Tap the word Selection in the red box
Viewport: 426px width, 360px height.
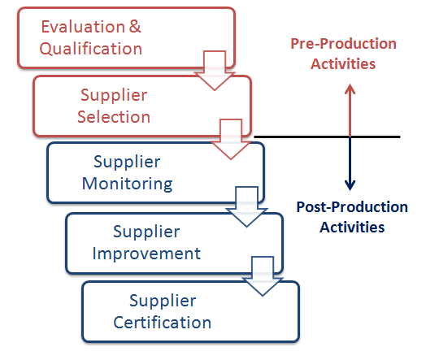[x=114, y=117]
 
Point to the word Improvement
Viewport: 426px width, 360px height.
[x=146, y=253]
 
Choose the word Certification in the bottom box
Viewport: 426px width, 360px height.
[x=163, y=323]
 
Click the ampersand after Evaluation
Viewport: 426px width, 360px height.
[x=135, y=27]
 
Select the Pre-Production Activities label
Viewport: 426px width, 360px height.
[x=343, y=54]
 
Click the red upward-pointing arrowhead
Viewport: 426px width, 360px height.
[x=350, y=90]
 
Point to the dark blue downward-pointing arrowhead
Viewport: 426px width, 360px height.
[x=350, y=184]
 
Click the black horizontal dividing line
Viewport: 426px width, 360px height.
[x=325, y=137]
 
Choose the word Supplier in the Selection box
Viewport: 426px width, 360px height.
[x=114, y=95]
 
